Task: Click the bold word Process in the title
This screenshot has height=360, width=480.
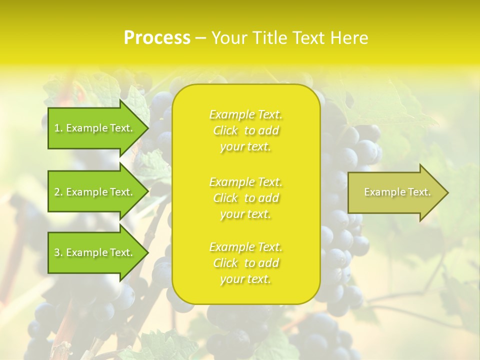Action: (157, 38)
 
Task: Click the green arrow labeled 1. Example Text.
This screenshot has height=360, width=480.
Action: (95, 128)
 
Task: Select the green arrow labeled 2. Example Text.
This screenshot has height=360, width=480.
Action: (95, 192)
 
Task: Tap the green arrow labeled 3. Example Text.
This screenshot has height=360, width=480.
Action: (95, 252)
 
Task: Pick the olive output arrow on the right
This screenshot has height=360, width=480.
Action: (395, 192)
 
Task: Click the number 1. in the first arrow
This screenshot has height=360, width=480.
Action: (58, 128)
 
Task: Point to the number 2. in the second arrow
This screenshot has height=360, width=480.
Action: (58, 192)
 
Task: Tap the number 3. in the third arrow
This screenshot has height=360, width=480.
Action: (58, 252)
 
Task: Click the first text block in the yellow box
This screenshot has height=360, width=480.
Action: (245, 130)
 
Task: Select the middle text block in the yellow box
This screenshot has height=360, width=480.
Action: (245, 198)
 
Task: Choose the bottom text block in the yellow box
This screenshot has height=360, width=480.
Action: (245, 263)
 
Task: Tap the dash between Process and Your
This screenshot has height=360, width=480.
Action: (201, 38)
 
